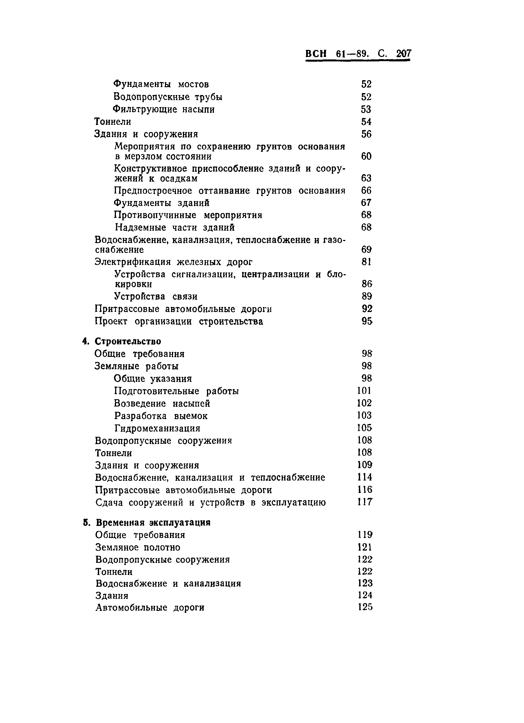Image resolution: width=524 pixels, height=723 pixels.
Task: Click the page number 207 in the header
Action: point(404,54)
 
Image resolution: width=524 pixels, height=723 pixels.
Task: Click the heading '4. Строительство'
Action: point(122,341)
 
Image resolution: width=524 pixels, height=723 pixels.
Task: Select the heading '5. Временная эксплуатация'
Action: point(147,523)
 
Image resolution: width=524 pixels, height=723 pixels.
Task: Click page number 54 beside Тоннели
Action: point(366,122)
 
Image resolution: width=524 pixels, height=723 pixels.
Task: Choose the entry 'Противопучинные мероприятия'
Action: point(188,215)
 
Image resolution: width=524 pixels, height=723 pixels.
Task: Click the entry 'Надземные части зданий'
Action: point(175,228)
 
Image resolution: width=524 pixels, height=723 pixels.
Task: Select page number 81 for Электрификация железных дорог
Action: point(366,262)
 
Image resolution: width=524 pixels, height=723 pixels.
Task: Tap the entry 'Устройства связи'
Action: point(156,297)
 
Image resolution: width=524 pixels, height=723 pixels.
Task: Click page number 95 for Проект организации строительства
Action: point(367,321)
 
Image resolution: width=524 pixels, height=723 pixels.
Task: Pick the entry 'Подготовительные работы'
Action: point(176,391)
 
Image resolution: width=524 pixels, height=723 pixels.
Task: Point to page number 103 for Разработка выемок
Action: point(364,416)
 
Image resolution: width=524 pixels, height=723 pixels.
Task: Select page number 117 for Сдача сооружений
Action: point(364,502)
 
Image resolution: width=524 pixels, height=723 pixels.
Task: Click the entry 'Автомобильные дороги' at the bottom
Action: point(150,608)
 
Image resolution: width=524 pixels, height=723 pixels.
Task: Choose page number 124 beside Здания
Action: point(365,595)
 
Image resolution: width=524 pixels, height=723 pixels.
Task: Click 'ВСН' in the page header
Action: point(316,54)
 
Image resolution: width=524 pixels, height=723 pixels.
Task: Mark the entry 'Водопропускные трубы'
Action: point(168,97)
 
